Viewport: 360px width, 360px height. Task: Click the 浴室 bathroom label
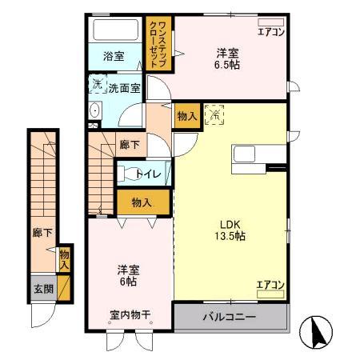coord(114,57)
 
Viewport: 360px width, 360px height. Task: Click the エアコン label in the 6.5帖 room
coord(270,33)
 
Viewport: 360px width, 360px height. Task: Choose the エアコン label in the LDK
coord(270,284)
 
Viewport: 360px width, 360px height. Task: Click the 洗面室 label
coord(124,89)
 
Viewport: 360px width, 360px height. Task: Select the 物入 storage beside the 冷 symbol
coord(186,117)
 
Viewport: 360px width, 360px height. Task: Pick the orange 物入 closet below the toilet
coord(143,202)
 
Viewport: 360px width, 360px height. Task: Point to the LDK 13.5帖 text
coord(229,230)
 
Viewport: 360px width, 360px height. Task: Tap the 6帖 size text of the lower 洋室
coord(127,282)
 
